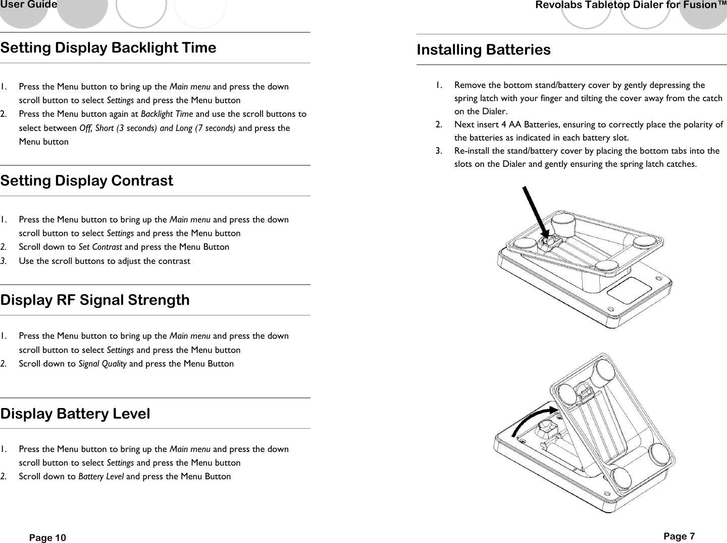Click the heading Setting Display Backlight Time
pos(108,48)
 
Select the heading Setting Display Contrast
pos(86,181)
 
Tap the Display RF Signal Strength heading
pos(95,300)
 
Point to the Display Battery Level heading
pos(75,414)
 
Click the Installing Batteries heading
pos(483,50)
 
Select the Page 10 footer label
pos(47,537)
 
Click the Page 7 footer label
pos(679,536)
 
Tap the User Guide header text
pos(29,5)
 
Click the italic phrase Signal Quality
pos(102,364)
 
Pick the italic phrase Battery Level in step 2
pos(101,477)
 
